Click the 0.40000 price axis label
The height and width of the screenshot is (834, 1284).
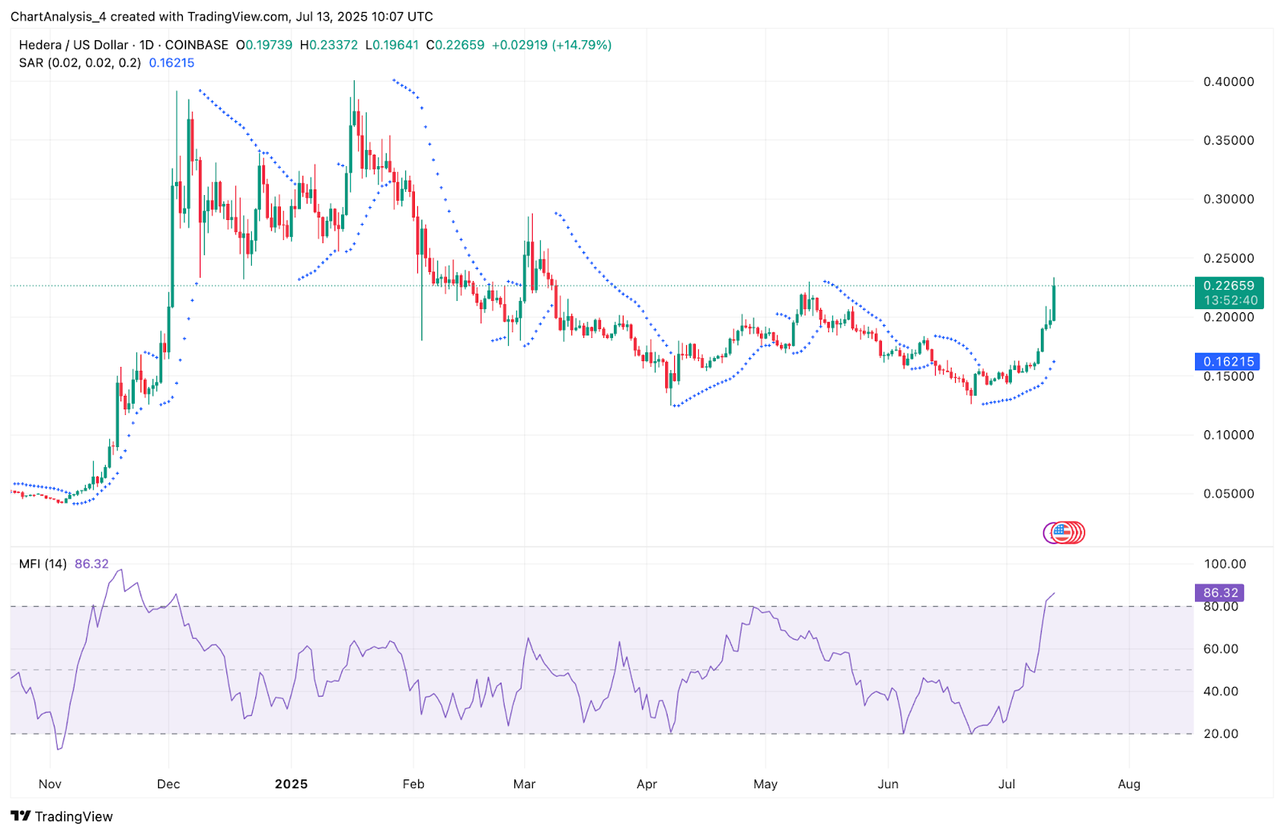(1228, 82)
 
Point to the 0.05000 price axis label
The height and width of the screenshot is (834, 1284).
(1228, 494)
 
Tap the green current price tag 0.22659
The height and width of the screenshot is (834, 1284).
(1228, 286)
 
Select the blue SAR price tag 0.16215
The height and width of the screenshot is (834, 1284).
(1227, 362)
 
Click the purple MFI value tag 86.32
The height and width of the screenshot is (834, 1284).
(1220, 593)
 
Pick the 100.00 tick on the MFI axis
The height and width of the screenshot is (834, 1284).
(1225, 564)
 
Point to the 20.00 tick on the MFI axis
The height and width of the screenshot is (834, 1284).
(1221, 734)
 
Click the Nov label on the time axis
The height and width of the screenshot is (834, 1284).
(50, 784)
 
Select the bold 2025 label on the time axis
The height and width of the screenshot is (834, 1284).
(291, 784)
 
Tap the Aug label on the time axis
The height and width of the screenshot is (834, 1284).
(1128, 784)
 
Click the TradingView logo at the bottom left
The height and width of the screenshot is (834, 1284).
(62, 816)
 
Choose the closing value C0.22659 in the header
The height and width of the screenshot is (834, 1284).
(455, 45)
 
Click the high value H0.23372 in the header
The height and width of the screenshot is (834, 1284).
(329, 45)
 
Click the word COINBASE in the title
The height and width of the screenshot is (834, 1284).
(197, 45)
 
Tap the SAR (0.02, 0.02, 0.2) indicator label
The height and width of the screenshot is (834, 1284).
(80, 63)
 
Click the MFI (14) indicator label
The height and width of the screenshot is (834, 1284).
(43, 564)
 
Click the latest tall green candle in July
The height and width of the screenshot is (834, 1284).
(1054, 302)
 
